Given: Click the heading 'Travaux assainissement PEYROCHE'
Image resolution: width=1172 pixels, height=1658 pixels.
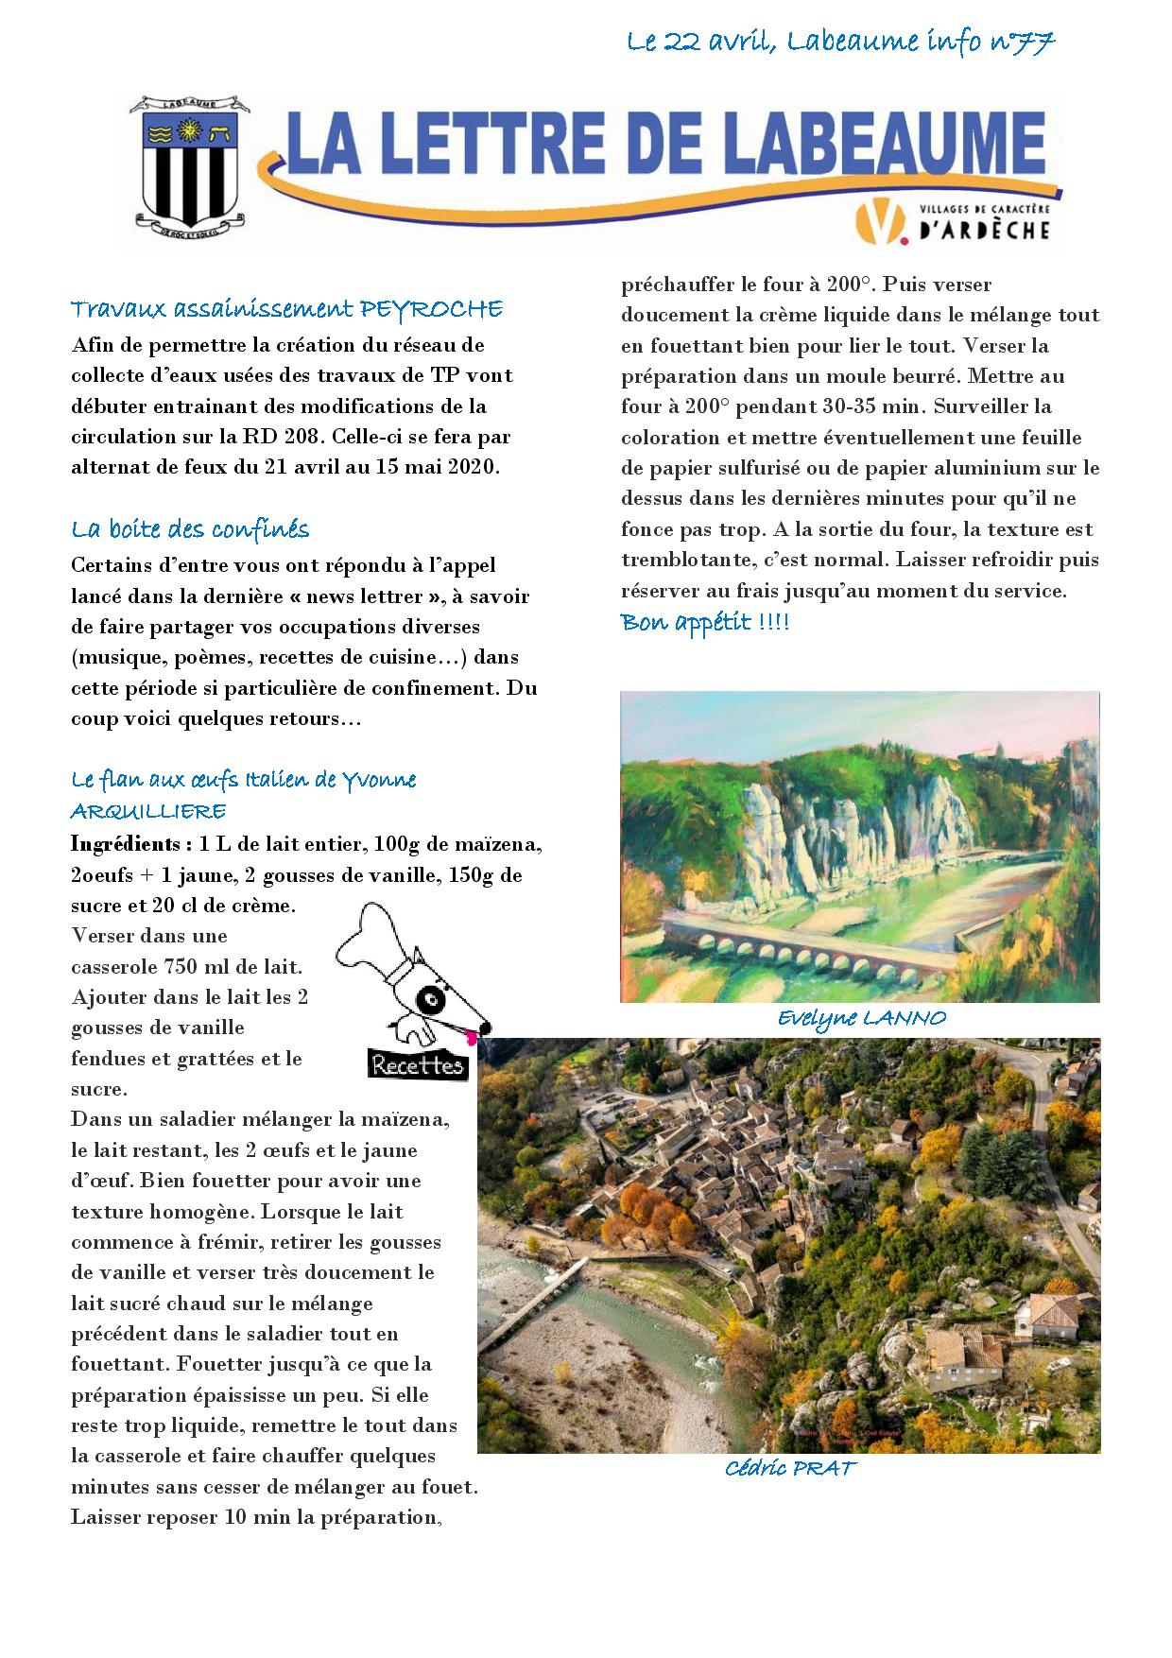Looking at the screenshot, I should coord(286,309).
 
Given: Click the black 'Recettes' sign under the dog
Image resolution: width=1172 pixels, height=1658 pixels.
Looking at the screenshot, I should coord(418,1064).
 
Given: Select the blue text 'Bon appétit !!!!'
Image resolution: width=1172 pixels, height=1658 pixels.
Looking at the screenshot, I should coord(704,623).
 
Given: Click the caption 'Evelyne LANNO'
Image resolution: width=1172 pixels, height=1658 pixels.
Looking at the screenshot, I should coord(861,1018).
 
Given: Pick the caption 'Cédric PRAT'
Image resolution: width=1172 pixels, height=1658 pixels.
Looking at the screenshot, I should coord(789,1468).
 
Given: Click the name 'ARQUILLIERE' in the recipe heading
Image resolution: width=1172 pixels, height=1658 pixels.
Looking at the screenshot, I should coord(148,811).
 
